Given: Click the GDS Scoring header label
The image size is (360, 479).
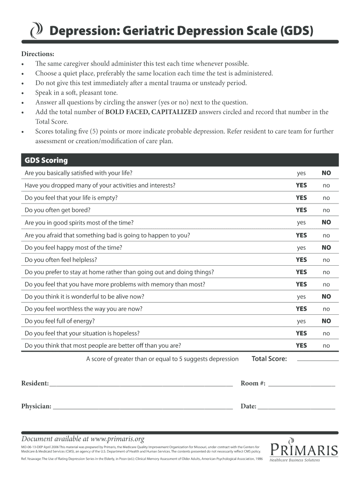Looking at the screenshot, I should (46, 160).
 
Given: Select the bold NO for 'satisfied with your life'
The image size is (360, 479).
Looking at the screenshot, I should (326, 173).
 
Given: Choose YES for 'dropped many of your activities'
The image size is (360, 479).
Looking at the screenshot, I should (301, 185).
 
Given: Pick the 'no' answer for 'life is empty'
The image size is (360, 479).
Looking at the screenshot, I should (326, 198).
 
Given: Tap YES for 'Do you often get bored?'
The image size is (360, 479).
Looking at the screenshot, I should (301, 210).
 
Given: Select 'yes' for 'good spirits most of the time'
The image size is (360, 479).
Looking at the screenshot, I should (301, 223).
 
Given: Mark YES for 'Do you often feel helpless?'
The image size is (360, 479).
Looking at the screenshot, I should (301, 260).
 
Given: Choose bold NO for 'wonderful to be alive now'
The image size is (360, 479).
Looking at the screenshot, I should (326, 297).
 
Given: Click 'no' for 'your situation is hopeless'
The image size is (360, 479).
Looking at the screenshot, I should (326, 334).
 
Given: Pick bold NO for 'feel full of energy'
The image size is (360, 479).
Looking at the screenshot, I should (326, 321).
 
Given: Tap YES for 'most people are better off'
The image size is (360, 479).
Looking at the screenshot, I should (301, 346).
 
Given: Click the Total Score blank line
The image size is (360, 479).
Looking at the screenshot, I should (317, 361).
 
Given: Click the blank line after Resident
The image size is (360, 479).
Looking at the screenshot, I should (141, 385).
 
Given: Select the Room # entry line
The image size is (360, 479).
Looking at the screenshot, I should (302, 385).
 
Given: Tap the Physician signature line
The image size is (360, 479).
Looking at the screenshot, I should (143, 408).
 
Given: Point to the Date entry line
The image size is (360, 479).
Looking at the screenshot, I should (296, 408).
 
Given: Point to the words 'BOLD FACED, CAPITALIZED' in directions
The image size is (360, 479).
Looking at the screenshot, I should (151, 112).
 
